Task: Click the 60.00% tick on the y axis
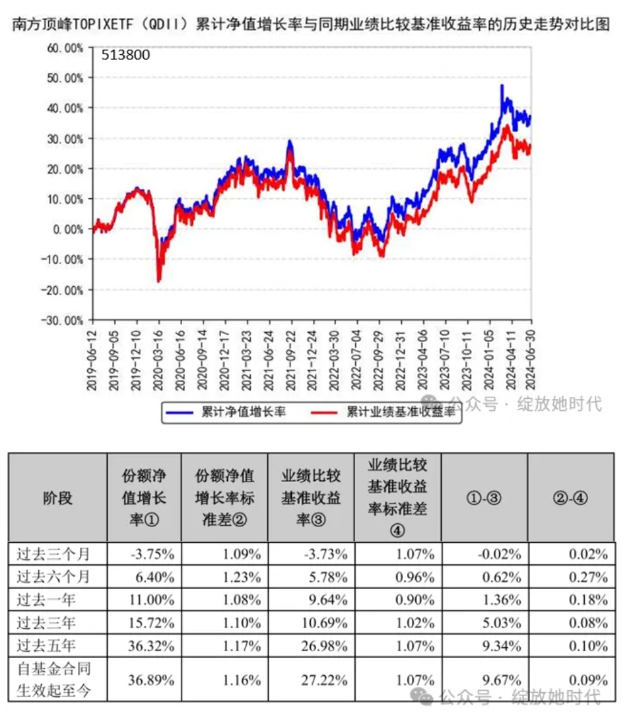pyautogui.click(x=65, y=48)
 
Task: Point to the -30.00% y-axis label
pyautogui.click(x=64, y=320)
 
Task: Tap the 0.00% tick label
pyautogui.click(x=68, y=229)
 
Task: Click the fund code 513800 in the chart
pyautogui.click(x=125, y=55)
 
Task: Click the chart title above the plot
pyautogui.click(x=310, y=24)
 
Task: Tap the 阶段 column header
pyautogui.click(x=57, y=497)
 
